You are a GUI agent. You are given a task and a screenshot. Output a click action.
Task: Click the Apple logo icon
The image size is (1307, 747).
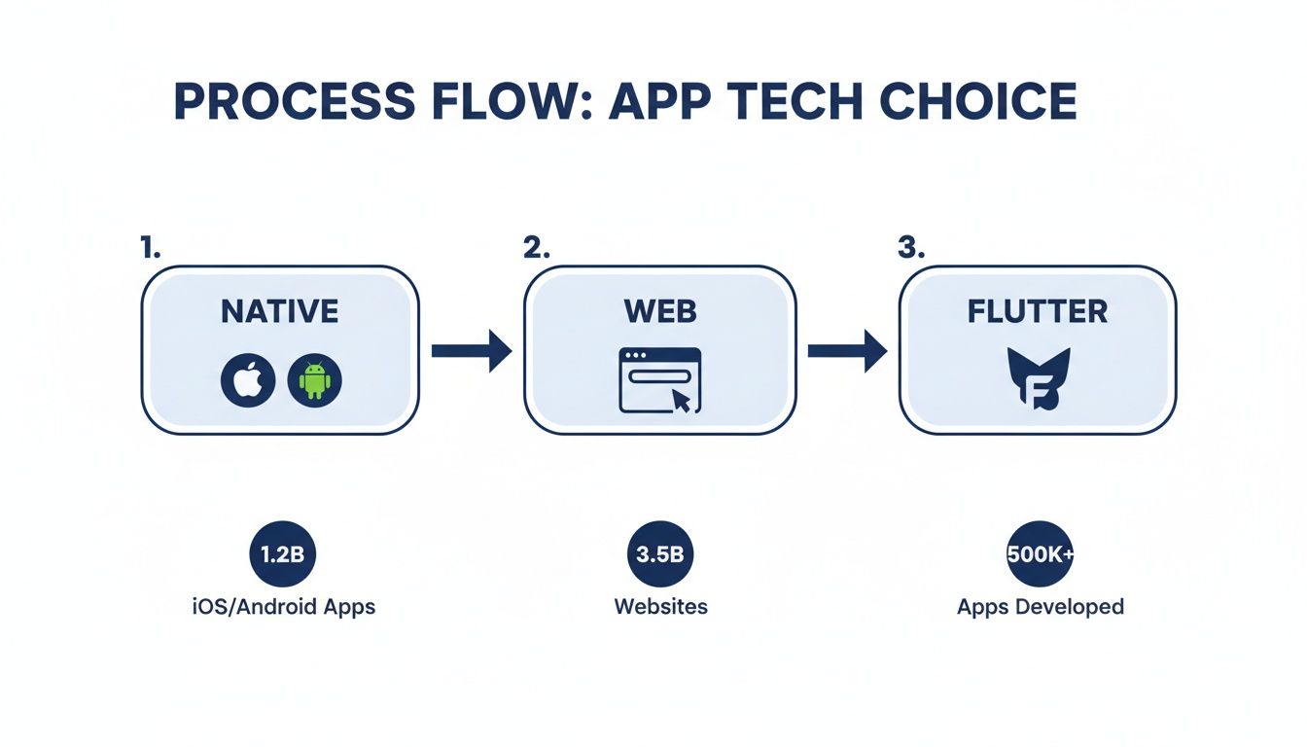pos(248,380)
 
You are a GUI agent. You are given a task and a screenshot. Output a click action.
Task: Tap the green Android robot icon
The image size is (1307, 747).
pos(315,380)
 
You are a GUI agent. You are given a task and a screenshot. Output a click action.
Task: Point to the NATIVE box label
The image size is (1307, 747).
pos(280,311)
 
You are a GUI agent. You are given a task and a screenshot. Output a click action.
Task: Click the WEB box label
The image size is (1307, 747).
pos(660,311)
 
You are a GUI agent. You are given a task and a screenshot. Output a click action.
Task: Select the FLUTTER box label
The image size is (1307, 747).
pos(1038,311)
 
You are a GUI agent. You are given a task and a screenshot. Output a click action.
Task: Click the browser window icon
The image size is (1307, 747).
pos(659,380)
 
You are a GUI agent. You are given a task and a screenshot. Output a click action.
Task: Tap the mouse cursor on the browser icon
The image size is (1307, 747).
pos(682,401)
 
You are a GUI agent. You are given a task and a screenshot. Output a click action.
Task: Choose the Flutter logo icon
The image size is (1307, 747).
pos(1037,380)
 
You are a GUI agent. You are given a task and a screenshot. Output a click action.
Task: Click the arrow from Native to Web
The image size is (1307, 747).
pos(472,350)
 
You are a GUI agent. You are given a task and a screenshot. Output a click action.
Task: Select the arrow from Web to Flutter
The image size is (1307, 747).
pos(847,350)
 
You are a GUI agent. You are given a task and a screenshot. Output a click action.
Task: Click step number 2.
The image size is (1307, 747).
pos(536,247)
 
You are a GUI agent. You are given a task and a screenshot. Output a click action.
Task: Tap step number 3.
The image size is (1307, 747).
pos(909,247)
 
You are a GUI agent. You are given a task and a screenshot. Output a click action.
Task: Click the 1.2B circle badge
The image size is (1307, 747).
pos(282,554)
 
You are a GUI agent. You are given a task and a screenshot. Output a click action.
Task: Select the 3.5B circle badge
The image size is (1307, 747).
pos(660,554)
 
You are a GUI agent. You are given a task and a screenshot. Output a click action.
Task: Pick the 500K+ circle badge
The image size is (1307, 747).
pos(1040,554)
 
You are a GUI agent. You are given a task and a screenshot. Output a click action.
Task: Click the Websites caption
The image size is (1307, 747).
pos(660,607)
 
